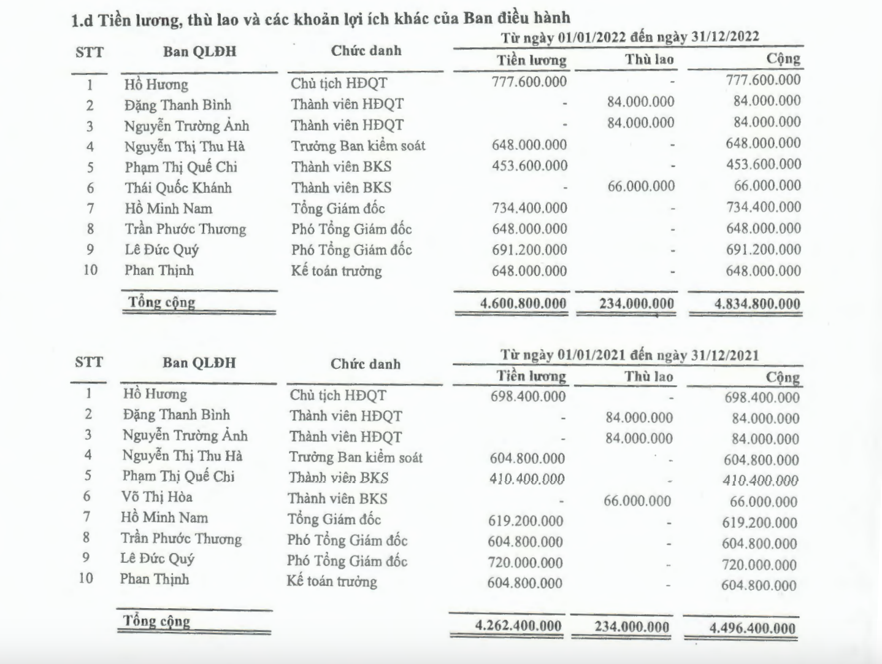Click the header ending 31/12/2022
click(629, 37)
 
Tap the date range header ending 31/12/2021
click(629, 355)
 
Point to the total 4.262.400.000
click(518, 625)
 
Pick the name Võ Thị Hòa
click(157, 497)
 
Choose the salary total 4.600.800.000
click(523, 303)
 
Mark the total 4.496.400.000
click(752, 628)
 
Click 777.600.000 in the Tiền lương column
click(529, 82)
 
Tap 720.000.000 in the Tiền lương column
click(525, 562)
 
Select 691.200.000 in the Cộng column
click(763, 250)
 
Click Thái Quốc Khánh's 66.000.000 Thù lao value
click(641, 186)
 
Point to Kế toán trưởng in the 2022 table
click(336, 271)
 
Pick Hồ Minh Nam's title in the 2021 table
click(334, 520)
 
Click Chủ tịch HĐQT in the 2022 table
click(339, 83)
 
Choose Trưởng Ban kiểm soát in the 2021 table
click(356, 457)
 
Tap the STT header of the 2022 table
click(90, 52)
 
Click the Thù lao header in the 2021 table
click(649, 376)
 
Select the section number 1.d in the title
click(82, 20)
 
